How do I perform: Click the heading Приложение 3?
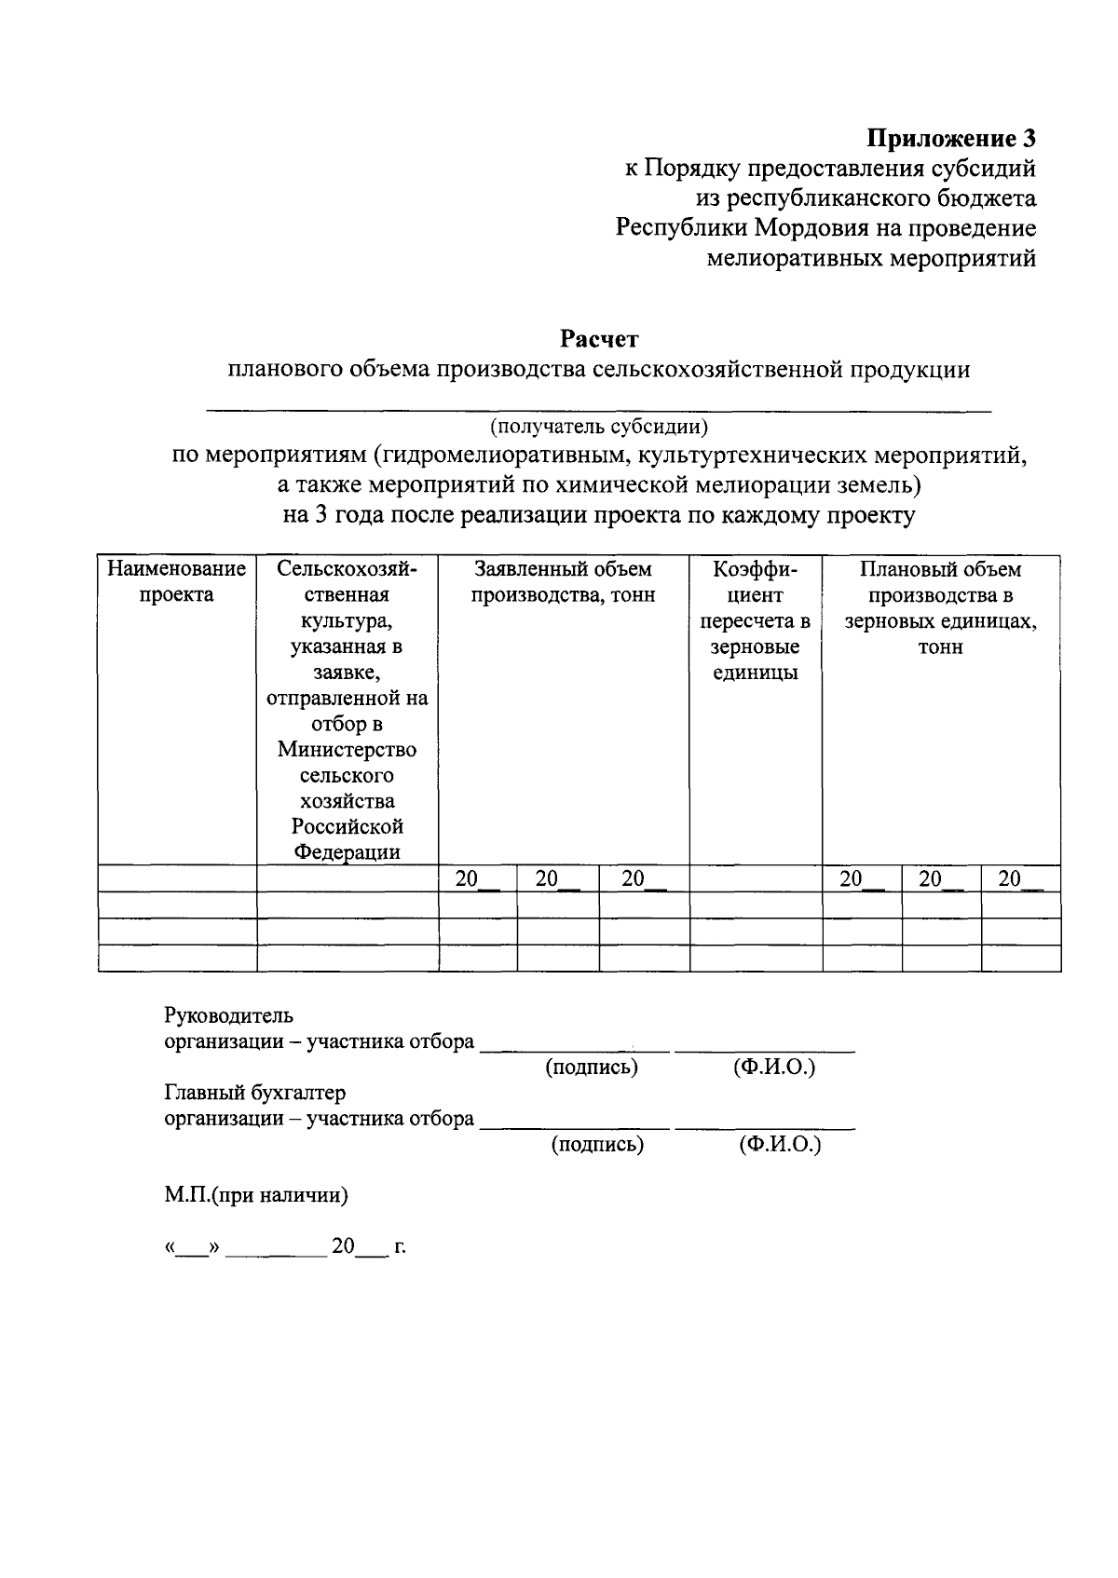(x=951, y=139)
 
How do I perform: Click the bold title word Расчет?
(x=599, y=338)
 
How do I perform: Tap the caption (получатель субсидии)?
(x=599, y=427)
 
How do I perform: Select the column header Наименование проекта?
(x=177, y=581)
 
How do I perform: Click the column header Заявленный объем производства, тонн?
(x=563, y=581)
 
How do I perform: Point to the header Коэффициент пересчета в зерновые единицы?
(x=755, y=620)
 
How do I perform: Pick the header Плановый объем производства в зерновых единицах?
(x=940, y=607)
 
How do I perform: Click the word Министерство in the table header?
(x=347, y=750)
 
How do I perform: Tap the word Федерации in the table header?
(x=347, y=851)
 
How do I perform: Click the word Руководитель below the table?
(x=228, y=1015)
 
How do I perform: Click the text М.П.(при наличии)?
(x=256, y=1195)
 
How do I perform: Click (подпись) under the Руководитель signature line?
(x=592, y=1068)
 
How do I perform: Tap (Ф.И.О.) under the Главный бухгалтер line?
(x=780, y=1144)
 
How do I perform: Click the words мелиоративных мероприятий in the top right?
(x=871, y=258)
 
